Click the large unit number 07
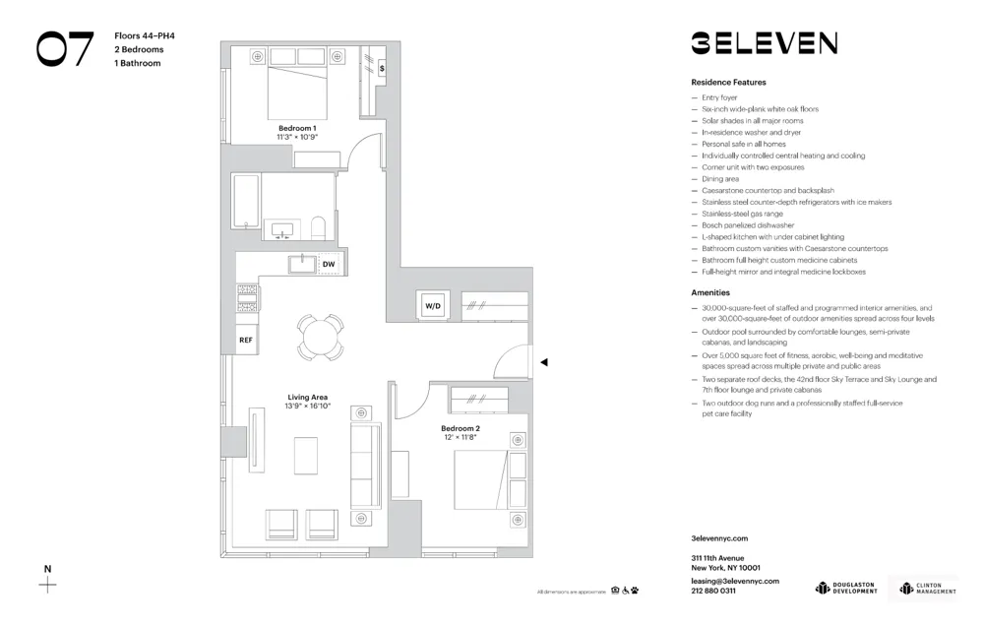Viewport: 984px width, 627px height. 65,49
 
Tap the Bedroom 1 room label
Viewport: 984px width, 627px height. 297,128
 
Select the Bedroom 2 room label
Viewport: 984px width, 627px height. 460,428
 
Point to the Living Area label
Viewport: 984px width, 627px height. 307,398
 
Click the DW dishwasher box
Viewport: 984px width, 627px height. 329,265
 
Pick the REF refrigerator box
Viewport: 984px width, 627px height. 246,340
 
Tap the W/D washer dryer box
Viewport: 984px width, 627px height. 433,306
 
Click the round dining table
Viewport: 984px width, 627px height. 321,338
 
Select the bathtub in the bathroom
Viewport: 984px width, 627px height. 246,202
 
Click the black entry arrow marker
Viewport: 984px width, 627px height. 543,362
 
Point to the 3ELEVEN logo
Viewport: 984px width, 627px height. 764,42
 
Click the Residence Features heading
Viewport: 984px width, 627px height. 728,83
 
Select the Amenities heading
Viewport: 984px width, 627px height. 710,293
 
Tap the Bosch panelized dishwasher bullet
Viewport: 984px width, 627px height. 747,225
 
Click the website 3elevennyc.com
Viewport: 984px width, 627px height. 719,538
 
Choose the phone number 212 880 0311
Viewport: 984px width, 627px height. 713,591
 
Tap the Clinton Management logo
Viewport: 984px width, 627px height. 926,589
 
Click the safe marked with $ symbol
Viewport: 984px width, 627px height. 382,69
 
